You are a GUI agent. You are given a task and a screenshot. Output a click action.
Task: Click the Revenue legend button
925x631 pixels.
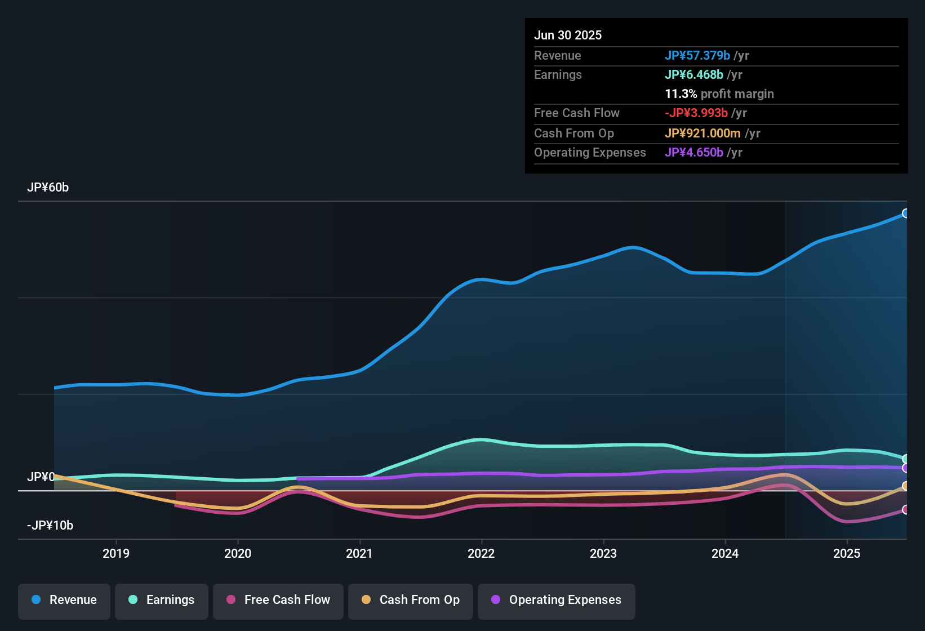click(64, 600)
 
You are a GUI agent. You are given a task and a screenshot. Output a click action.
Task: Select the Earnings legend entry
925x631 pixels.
click(162, 600)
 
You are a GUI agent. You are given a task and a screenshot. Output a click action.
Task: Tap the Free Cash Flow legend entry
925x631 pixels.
click(278, 600)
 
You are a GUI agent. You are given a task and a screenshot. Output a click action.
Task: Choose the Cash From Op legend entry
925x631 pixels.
click(411, 600)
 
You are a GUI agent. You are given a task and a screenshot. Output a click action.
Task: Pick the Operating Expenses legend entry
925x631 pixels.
click(557, 600)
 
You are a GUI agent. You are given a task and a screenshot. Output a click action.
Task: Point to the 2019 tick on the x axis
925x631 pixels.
click(116, 553)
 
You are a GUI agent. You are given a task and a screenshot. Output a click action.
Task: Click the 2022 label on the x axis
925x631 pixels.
click(481, 553)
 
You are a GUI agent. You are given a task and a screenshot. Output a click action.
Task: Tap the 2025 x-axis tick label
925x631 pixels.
click(847, 553)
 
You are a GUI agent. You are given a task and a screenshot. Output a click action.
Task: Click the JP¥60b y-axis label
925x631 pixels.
click(48, 188)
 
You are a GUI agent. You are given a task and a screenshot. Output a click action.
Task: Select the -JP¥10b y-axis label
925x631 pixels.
click(50, 526)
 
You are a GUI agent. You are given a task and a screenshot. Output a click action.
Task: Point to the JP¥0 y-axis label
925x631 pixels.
click(41, 477)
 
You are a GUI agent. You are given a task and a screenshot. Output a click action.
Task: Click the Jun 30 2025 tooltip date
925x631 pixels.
click(568, 35)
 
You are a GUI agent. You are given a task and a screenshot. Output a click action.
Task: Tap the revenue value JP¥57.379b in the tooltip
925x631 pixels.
click(697, 56)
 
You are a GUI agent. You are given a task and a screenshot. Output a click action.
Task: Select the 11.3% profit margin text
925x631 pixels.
click(719, 94)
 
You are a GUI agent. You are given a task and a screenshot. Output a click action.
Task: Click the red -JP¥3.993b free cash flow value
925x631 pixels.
click(696, 113)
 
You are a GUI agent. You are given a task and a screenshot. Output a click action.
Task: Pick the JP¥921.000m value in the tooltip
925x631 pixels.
click(702, 134)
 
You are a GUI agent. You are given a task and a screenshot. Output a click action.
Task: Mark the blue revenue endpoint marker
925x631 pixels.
click(905, 214)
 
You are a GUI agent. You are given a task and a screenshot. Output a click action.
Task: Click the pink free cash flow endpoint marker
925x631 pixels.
click(905, 510)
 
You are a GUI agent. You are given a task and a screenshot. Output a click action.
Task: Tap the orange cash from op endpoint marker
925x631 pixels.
click(905, 486)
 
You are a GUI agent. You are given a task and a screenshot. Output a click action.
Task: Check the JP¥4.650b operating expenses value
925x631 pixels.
click(694, 153)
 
